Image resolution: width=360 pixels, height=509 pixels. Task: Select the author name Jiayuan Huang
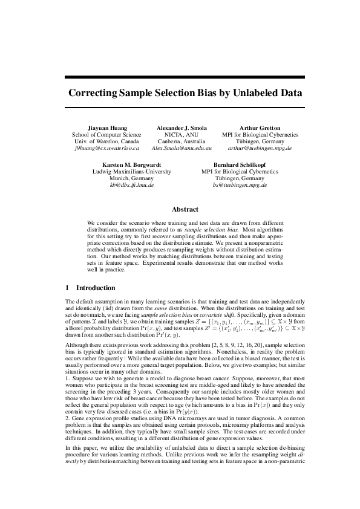[106, 128]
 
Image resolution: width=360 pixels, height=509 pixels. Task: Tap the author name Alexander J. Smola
[182, 128]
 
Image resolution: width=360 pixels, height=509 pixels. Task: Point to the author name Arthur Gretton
[260, 128]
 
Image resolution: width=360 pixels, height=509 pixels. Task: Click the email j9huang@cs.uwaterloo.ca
[106, 148]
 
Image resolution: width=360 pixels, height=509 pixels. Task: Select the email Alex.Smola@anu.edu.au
[182, 148]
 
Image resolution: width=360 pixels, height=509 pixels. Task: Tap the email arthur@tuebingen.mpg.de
[260, 148]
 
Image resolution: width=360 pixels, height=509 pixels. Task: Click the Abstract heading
[185, 209]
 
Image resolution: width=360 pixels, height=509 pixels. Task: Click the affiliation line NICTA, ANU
[182, 135]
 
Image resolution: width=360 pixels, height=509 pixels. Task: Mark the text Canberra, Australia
[182, 141]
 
